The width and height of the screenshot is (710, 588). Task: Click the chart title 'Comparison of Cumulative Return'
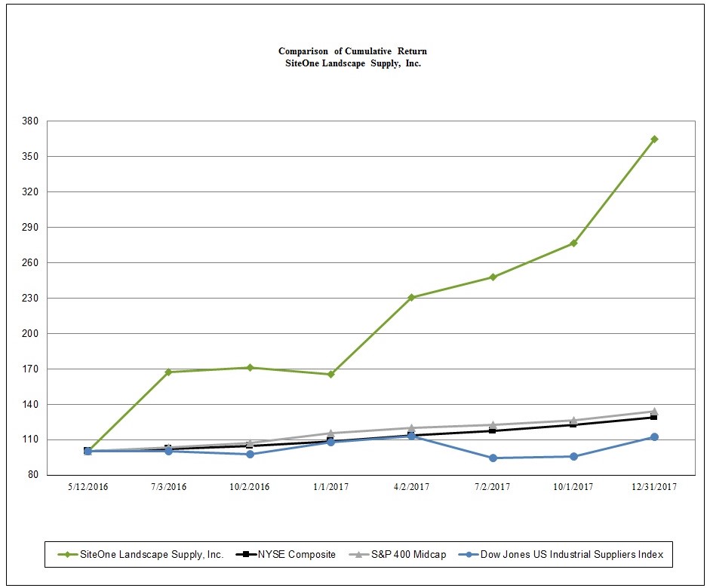pyautogui.click(x=352, y=51)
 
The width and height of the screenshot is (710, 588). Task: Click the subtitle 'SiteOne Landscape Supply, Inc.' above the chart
pyautogui.click(x=352, y=63)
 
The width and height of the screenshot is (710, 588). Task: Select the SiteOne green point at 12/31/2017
pyautogui.click(x=654, y=139)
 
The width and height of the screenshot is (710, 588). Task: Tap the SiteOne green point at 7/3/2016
pyautogui.click(x=168, y=372)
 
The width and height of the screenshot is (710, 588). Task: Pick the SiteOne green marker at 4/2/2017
pyautogui.click(x=411, y=298)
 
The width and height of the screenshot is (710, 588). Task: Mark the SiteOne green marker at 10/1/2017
pyautogui.click(x=573, y=243)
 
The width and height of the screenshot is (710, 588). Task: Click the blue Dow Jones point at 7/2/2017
pyautogui.click(x=493, y=458)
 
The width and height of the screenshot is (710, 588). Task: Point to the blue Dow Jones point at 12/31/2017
pyautogui.click(x=654, y=437)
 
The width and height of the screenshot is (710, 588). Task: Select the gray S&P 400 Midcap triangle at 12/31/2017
pyautogui.click(x=654, y=412)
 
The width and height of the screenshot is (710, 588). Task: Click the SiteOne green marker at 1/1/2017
pyautogui.click(x=330, y=374)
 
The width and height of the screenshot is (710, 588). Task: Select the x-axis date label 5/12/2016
pyautogui.click(x=88, y=487)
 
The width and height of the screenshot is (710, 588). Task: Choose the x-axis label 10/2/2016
pyautogui.click(x=250, y=487)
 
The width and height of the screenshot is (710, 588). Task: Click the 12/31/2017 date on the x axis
pyautogui.click(x=654, y=487)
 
